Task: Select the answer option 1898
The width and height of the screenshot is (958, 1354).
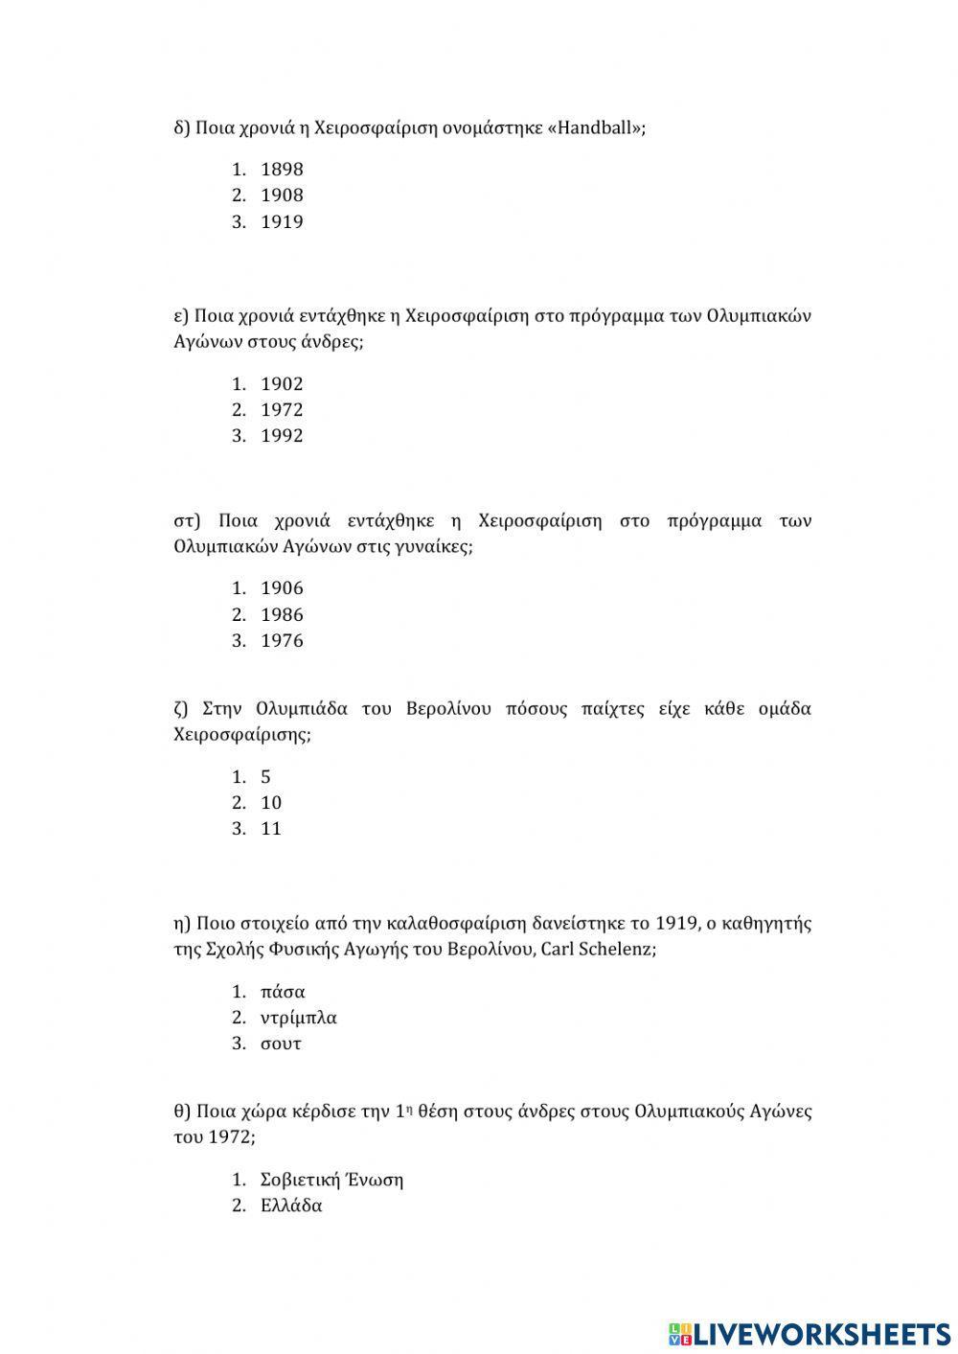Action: click(282, 170)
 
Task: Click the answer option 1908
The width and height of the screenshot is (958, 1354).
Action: click(282, 195)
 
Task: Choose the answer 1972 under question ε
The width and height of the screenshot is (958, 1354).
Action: click(282, 410)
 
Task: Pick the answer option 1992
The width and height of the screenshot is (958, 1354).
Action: click(282, 436)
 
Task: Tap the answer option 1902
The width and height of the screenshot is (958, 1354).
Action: click(282, 384)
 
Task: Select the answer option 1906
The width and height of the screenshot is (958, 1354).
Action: click(282, 588)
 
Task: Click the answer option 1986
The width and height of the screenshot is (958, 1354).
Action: click(282, 615)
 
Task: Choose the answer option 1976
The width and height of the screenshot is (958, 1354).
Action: click(282, 641)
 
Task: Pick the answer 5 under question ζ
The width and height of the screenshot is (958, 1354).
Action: click(265, 777)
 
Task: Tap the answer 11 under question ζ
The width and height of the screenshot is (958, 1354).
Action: click(271, 829)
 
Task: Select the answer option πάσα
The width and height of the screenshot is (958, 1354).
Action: click(283, 992)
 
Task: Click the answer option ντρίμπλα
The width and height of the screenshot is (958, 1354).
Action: click(299, 1018)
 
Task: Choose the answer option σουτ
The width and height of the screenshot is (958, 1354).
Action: click(281, 1044)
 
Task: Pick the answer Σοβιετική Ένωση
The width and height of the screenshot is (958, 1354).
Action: click(331, 1180)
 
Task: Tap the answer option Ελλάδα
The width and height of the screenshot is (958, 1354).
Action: click(291, 1205)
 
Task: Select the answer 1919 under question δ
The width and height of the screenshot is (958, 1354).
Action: click(282, 222)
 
